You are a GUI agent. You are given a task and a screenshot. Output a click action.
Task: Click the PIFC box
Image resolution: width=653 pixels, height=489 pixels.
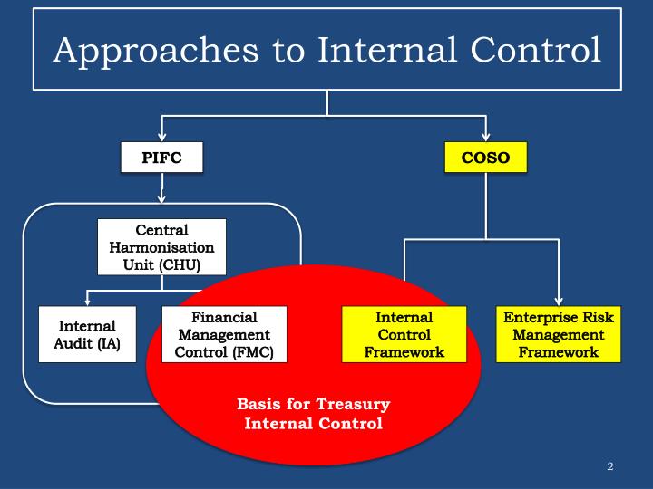(x=161, y=158)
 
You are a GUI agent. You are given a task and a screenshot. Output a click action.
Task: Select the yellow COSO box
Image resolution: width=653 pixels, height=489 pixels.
(x=485, y=158)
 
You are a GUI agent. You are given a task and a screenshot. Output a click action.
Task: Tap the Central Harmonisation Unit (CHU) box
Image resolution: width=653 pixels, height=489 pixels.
(x=161, y=246)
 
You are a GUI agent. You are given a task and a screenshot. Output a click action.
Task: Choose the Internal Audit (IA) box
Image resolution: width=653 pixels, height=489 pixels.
(x=87, y=334)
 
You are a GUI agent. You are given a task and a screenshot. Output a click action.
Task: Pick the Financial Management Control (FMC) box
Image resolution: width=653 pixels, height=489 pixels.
(x=224, y=334)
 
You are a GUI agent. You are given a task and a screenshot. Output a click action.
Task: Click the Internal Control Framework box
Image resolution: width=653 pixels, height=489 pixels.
(x=404, y=334)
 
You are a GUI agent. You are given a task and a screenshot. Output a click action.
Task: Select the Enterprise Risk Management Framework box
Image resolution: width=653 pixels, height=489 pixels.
(x=558, y=334)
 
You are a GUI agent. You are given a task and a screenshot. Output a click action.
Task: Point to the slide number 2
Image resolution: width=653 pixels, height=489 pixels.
(x=610, y=466)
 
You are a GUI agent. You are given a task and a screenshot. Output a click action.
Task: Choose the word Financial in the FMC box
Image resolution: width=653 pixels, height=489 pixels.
(x=224, y=318)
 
